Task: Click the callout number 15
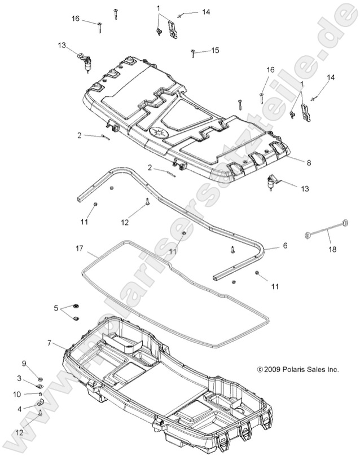(x=215, y=50)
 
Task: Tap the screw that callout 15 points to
(x=194, y=52)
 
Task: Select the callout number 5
(x=56, y=308)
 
